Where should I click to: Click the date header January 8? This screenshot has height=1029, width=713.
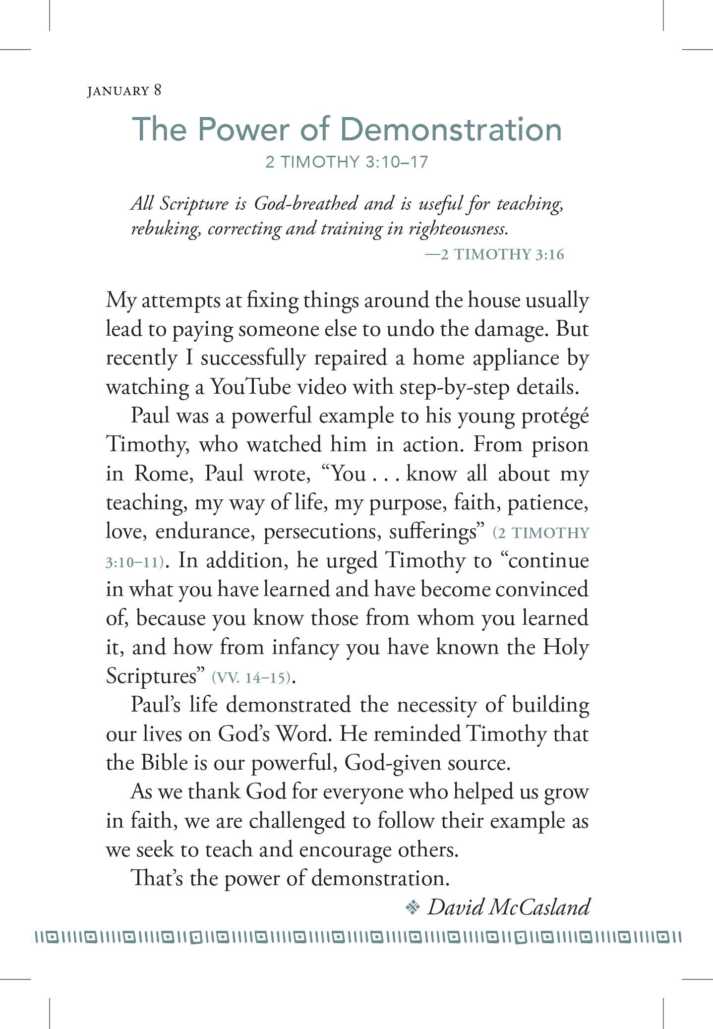(124, 91)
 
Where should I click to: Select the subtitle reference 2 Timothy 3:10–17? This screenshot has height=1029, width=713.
(347, 162)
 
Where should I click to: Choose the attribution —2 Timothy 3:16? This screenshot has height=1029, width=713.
(494, 254)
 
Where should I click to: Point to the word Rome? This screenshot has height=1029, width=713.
(163, 474)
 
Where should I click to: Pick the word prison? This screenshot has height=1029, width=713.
(560, 444)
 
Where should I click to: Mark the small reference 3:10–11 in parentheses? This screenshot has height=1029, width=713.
(135, 562)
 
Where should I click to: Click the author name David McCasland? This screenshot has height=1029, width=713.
(508, 907)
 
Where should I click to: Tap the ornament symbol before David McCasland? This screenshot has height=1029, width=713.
(412, 908)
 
